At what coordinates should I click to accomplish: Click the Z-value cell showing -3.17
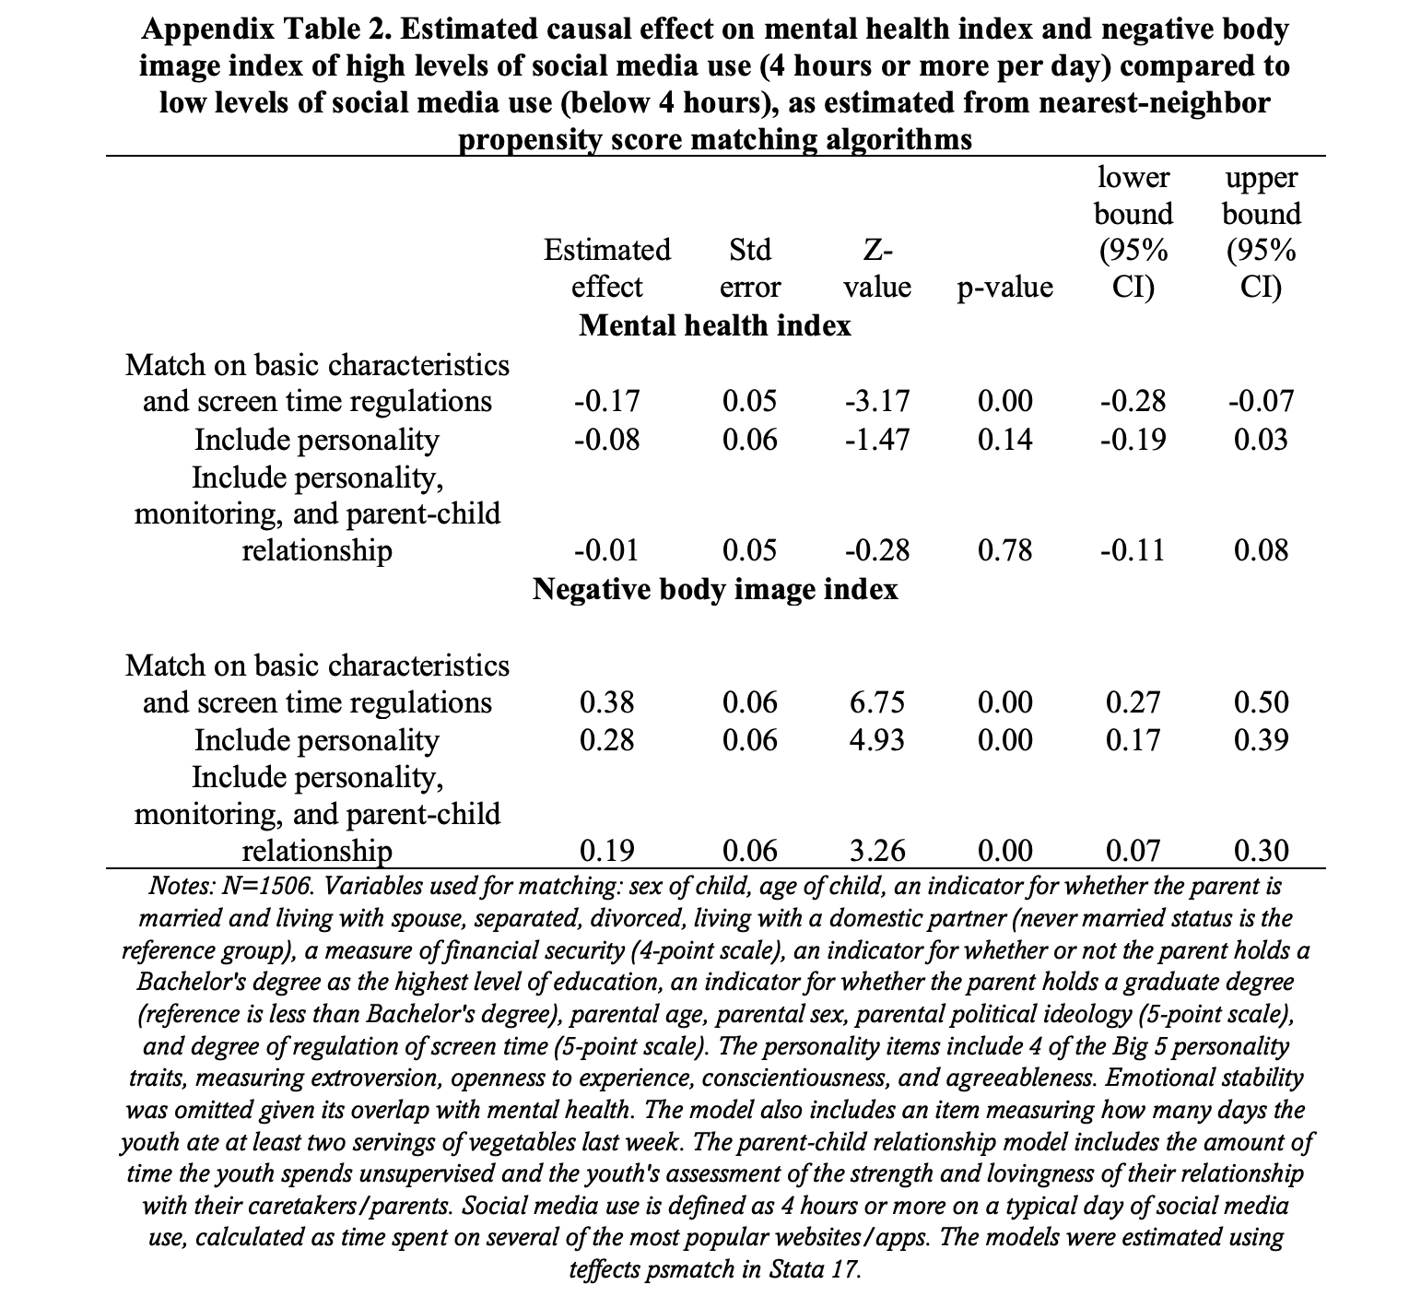(x=876, y=401)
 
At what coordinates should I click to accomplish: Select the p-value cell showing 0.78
(x=1004, y=550)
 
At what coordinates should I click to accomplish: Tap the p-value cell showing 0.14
(x=1004, y=439)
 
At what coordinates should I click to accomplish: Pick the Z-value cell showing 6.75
(x=876, y=702)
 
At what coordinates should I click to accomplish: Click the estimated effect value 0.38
(x=606, y=702)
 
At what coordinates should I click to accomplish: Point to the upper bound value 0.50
(x=1261, y=702)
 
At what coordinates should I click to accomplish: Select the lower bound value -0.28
(x=1133, y=401)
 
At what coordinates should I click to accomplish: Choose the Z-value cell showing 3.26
(x=876, y=850)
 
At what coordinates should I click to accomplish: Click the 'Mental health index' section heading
(x=714, y=325)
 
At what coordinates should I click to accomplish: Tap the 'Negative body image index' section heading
(x=714, y=589)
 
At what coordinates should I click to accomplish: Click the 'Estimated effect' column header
(x=606, y=268)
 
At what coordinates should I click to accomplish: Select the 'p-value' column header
(x=1004, y=287)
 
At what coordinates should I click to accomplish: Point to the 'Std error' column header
(x=749, y=268)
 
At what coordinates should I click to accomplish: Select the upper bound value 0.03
(x=1261, y=439)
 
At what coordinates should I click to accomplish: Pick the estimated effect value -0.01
(x=606, y=550)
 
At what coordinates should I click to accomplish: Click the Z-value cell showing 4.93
(x=876, y=740)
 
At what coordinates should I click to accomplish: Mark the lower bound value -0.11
(x=1133, y=550)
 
